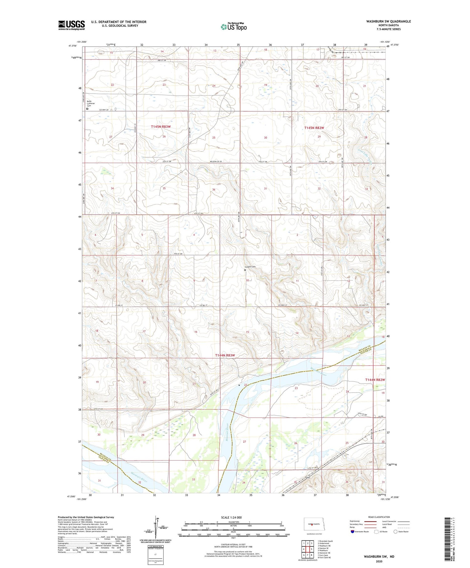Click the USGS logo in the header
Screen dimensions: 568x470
click(x=71, y=25)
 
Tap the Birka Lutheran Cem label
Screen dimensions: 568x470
click(x=91, y=104)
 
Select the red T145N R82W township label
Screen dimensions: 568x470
click(x=314, y=128)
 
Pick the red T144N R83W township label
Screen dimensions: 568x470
click(x=225, y=355)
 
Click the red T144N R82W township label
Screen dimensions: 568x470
click(x=375, y=380)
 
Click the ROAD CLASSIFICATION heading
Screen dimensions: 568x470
click(x=379, y=517)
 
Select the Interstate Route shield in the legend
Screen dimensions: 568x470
click(x=352, y=532)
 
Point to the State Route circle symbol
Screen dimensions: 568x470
click(x=396, y=532)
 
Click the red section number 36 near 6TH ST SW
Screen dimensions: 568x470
click(x=214, y=190)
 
